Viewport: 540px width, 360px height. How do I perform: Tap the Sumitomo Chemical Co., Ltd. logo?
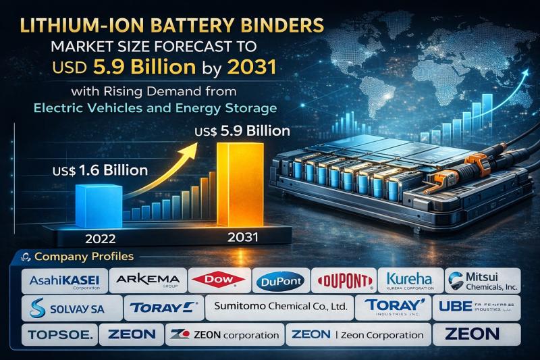point(280,308)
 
